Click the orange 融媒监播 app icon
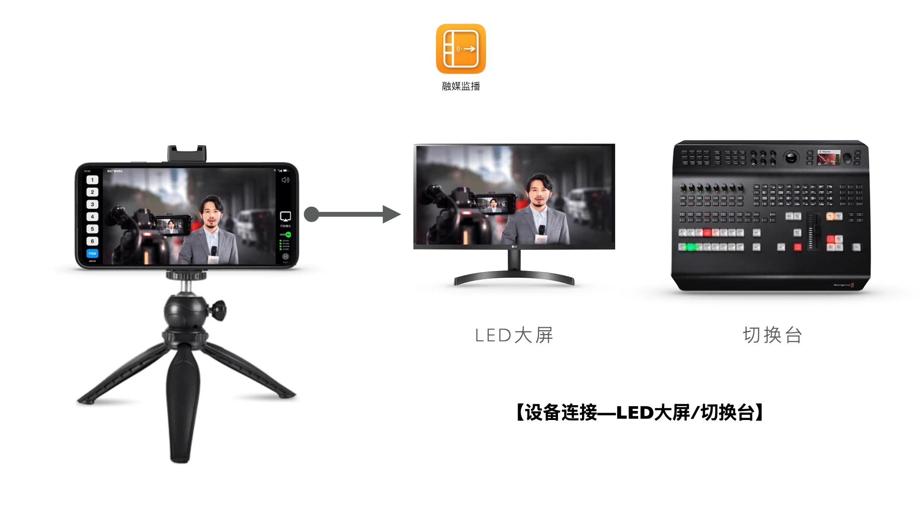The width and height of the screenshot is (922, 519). [x=461, y=49]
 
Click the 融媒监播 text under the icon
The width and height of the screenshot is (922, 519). [x=461, y=86]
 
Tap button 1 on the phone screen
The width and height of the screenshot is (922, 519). [x=92, y=180]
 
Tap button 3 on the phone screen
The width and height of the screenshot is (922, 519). [x=92, y=204]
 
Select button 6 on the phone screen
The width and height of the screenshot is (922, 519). [x=92, y=241]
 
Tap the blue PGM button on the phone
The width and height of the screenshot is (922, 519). [x=92, y=253]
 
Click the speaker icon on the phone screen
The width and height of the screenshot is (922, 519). [x=285, y=180]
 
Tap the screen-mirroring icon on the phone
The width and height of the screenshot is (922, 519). [x=285, y=216]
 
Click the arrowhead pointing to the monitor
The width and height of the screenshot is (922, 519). [x=391, y=214]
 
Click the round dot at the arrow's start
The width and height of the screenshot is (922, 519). [x=312, y=214]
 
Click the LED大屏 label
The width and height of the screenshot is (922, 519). [x=514, y=335]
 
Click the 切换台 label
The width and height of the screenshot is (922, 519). [x=772, y=335]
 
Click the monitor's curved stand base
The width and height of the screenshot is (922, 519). [x=514, y=277]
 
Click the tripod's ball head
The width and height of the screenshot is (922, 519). [x=186, y=312]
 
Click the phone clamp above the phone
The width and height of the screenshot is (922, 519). [x=187, y=154]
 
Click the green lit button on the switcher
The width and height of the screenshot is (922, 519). [x=691, y=247]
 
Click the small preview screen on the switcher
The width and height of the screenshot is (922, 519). [x=829, y=158]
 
